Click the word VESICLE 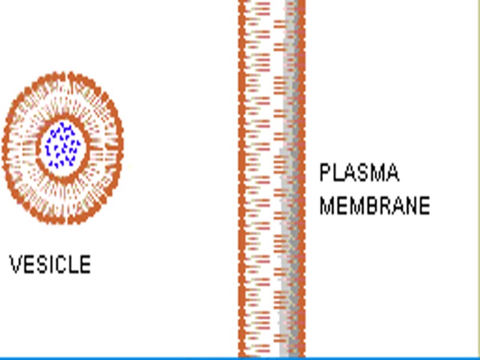(50, 265)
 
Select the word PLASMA (359, 173)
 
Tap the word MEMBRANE (374, 206)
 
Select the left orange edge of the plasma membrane (242, 180)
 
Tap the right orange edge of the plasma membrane (302, 180)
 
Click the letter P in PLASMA (325, 173)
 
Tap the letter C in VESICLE (62, 265)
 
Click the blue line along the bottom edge (240, 358)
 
